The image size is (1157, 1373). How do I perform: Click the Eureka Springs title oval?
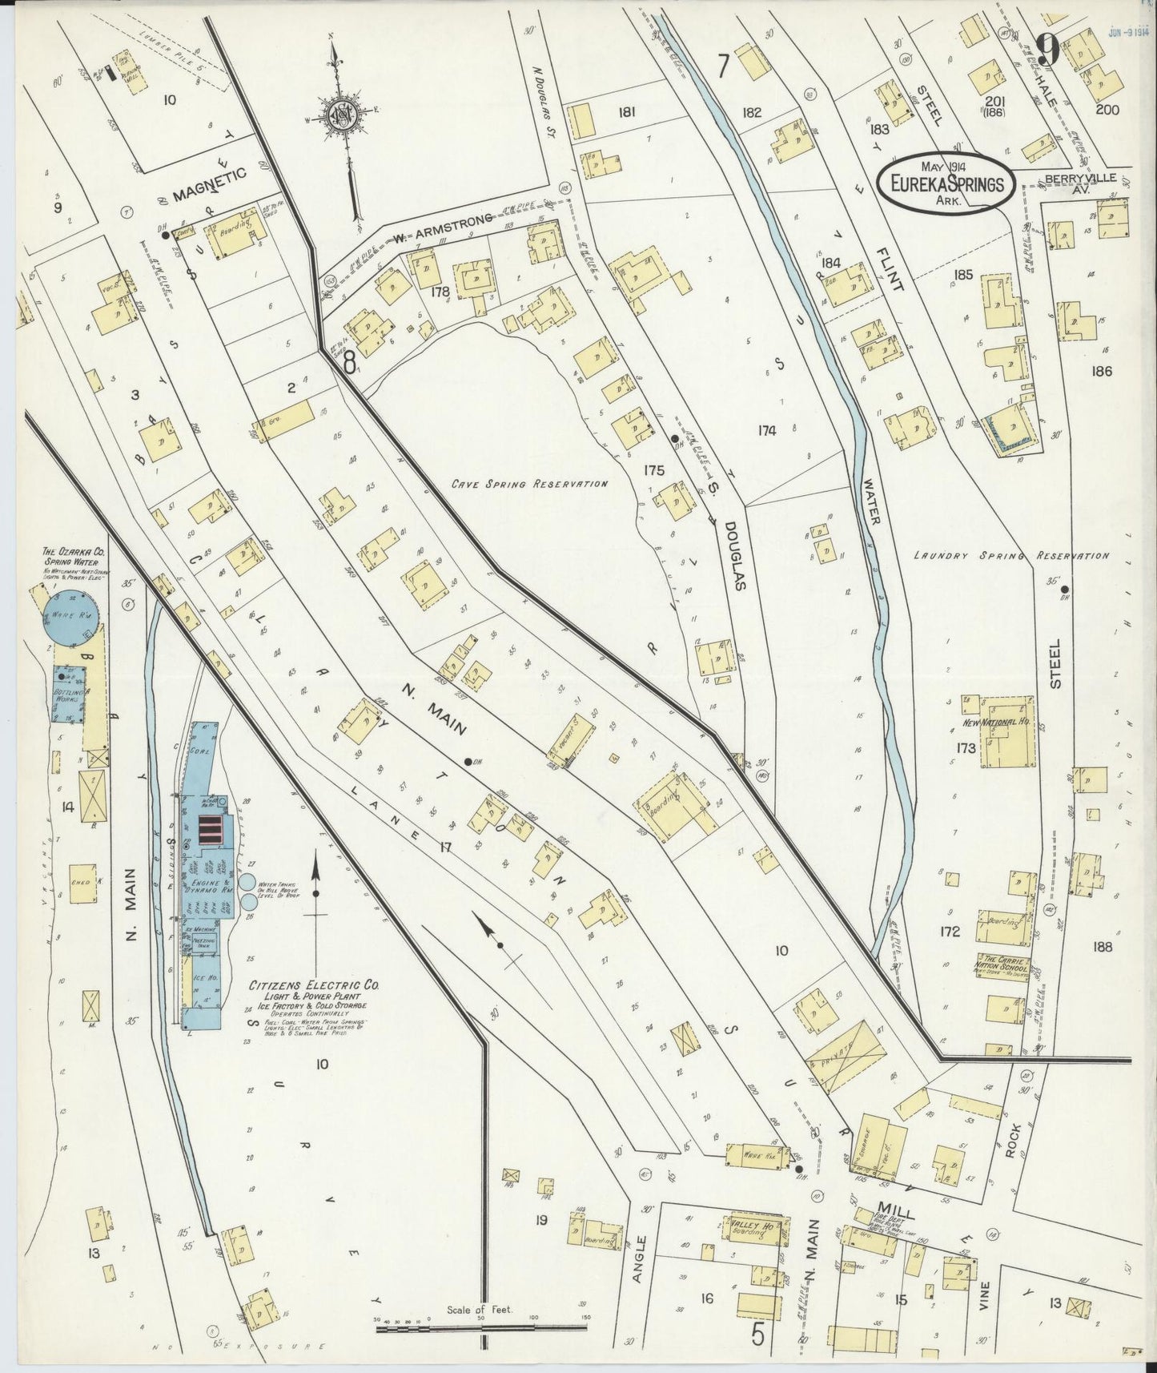pyautogui.click(x=946, y=183)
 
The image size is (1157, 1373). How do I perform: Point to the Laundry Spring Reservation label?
pyautogui.click(x=1011, y=555)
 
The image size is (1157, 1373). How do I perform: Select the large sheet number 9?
pyautogui.click(x=1047, y=50)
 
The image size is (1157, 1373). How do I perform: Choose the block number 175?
pyautogui.click(x=653, y=471)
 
